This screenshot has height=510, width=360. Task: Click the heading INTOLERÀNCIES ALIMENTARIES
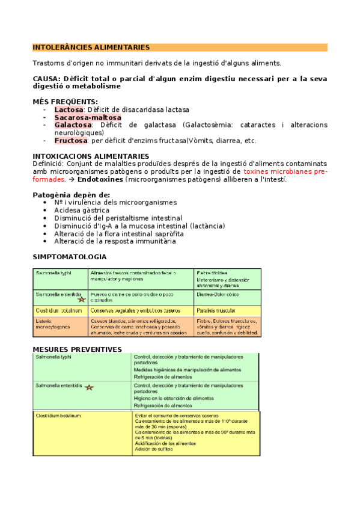tap(91, 47)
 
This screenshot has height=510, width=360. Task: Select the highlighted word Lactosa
tap(69, 109)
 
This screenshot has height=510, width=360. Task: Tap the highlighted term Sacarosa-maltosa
tap(88, 117)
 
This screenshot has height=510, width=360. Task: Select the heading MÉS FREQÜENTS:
tap(65, 102)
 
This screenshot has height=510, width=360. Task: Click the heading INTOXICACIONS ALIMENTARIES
tap(91, 156)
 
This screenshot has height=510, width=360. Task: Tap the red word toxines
tap(260, 171)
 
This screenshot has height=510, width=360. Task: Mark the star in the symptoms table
tap(81, 298)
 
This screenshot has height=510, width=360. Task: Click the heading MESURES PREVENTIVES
tap(77, 349)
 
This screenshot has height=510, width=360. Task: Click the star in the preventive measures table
tap(90, 388)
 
